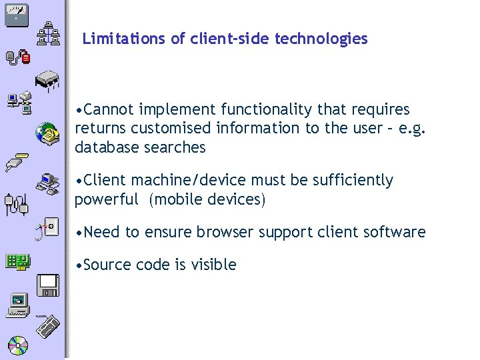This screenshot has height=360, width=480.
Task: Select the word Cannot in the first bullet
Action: pyautogui.click(x=108, y=109)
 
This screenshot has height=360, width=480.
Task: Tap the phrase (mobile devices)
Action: pyautogui.click(x=208, y=199)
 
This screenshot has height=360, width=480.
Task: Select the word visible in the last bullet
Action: pyautogui.click(x=213, y=265)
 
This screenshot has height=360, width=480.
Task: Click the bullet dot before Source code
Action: pyautogui.click(x=79, y=265)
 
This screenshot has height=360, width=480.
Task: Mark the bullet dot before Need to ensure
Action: pyautogui.click(x=79, y=232)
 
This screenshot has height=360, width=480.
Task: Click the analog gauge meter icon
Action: pyautogui.click(x=16, y=14)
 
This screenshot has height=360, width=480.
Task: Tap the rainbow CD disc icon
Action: pyautogui.click(x=17, y=345)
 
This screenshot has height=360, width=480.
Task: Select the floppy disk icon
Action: pyautogui.click(x=48, y=285)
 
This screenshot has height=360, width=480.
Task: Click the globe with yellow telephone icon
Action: pyautogui.click(x=48, y=133)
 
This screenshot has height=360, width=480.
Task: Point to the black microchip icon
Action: pyautogui.click(x=48, y=81)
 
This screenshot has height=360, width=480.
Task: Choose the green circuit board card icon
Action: pyautogui.click(x=17, y=262)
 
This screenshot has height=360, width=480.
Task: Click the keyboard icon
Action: pyautogui.click(x=48, y=327)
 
